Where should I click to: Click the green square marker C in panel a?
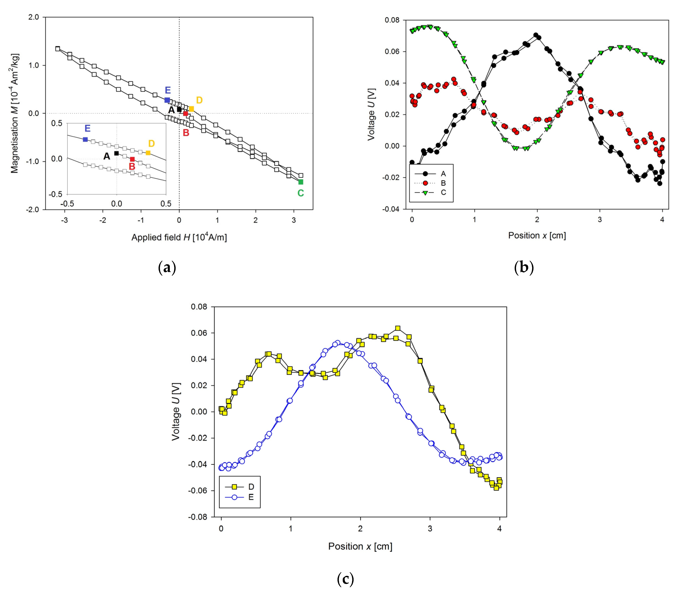tap(300, 182)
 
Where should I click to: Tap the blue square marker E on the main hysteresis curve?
tap(167, 100)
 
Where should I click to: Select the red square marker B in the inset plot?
tap(132, 159)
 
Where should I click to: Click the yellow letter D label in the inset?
tap(151, 143)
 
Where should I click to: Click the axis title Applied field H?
tap(179, 237)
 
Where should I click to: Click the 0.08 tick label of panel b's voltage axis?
tap(392, 20)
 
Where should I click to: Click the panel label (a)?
tap(167, 268)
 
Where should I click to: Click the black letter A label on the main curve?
tap(171, 110)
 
